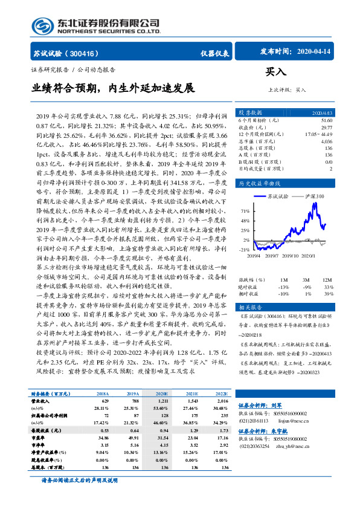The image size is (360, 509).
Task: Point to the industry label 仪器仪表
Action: click(215, 53)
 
